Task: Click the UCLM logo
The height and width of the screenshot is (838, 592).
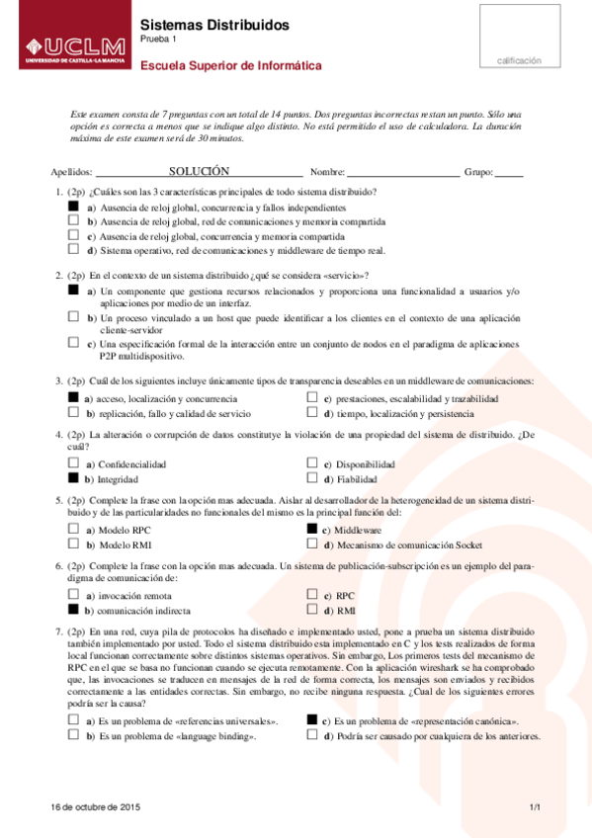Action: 68,47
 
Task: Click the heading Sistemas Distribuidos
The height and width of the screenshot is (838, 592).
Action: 214,25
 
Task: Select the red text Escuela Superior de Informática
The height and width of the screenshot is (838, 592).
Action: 231,66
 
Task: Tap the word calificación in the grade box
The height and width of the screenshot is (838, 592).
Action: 520,60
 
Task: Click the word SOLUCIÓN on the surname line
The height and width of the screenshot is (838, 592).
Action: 199,171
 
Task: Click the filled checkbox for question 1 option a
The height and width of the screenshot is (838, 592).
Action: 73,209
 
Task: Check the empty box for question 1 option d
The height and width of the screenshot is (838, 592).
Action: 73,250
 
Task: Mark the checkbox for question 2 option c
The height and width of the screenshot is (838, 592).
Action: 73,343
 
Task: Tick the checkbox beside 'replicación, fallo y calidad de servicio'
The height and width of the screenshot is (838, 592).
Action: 73,413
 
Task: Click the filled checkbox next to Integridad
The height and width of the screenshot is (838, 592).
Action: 73,477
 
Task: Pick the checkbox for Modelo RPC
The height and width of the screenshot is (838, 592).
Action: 73,530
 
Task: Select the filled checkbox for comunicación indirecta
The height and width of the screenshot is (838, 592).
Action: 73,611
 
